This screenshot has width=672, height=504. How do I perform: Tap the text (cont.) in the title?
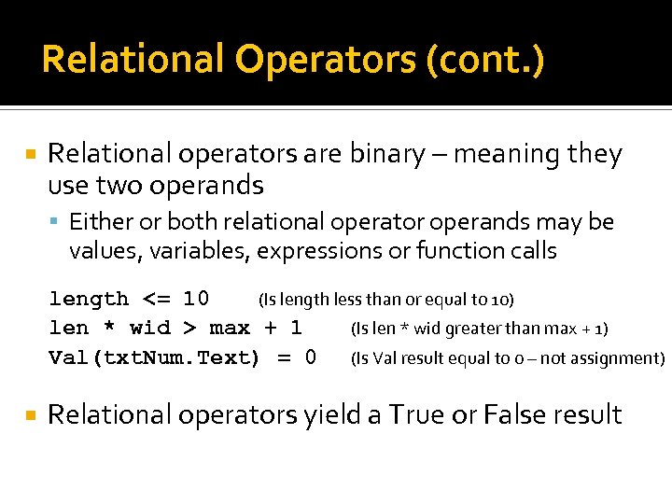[483, 61]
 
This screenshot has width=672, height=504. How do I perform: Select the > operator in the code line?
[189, 329]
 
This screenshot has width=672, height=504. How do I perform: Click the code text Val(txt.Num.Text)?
[154, 357]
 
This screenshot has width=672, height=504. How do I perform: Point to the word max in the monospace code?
[229, 329]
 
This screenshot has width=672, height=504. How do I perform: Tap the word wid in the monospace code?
[149, 329]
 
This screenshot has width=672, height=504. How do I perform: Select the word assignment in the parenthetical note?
[621, 358]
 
